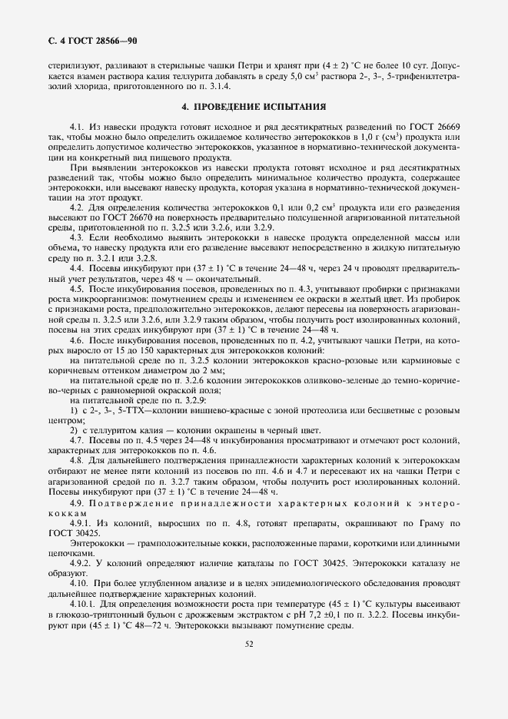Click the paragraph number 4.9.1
(80, 522)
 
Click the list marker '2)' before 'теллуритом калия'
(74, 430)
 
